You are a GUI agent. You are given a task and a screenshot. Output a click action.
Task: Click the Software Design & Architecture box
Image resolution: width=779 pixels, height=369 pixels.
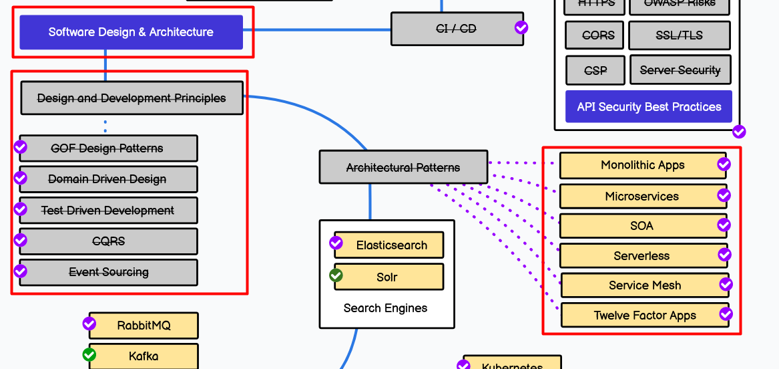131,32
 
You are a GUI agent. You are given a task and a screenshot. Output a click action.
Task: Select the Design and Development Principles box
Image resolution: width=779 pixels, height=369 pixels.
132,98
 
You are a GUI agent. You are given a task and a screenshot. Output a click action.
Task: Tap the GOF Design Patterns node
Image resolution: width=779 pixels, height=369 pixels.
108,148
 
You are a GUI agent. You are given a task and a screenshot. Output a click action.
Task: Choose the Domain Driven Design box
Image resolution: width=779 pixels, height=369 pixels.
108,179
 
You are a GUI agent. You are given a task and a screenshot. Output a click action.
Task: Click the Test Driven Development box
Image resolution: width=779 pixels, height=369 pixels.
108,211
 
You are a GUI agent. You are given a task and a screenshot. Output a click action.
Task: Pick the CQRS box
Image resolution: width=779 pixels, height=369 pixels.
108,241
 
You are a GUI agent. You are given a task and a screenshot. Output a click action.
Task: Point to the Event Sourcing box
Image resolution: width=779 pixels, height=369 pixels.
108,272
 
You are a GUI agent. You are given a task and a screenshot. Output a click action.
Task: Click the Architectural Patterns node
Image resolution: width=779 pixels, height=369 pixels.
403,167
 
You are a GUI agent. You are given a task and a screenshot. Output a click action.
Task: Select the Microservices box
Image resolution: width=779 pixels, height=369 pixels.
642,197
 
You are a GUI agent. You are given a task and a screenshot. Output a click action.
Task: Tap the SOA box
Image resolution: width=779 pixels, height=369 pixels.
642,226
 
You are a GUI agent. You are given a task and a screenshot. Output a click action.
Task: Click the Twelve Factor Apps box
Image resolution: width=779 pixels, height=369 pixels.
645,316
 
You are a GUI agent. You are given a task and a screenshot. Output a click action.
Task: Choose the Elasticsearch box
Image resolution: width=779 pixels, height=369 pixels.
391,245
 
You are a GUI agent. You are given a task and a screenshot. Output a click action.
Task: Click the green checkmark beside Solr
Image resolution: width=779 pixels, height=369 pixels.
336,275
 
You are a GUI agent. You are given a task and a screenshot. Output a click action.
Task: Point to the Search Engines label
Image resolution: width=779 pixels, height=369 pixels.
385,308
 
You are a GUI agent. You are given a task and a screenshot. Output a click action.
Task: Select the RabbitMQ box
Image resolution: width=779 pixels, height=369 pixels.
144,326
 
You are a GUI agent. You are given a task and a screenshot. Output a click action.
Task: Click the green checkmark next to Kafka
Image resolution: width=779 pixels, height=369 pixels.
89,354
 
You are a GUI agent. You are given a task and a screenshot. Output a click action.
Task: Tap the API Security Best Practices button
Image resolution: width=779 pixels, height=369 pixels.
649,106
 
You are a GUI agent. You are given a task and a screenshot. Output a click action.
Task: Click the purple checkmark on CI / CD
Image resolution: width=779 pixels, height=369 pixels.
521,27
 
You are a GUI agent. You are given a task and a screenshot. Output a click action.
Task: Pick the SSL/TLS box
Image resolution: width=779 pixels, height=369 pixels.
679,35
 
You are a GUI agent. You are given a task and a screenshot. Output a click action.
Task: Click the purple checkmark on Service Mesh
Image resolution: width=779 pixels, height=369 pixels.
726,285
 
